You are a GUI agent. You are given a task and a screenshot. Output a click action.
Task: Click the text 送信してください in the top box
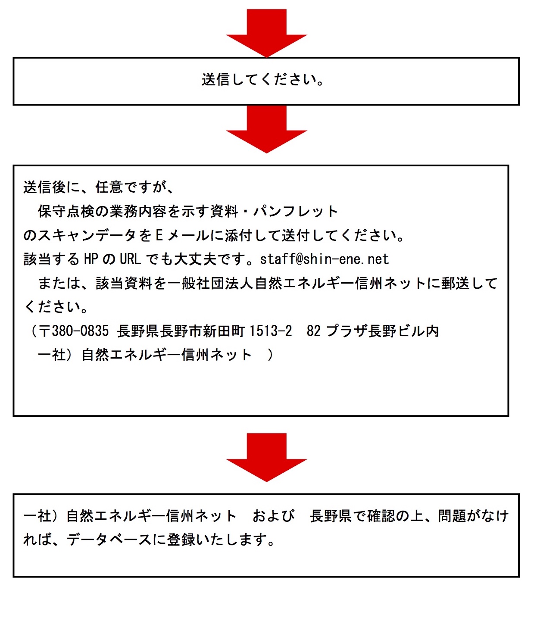259,80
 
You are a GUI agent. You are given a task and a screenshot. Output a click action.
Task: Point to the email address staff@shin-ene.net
324,259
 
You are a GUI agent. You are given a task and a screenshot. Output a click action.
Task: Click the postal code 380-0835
80,331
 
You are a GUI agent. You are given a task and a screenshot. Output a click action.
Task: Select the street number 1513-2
271,331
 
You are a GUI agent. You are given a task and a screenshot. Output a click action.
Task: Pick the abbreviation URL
131,259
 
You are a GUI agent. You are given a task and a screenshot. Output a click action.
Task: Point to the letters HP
91,259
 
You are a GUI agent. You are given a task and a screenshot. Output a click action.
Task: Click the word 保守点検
66,211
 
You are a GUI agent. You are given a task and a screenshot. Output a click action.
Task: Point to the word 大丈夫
195,259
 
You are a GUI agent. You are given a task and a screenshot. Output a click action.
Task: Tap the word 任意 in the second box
109,187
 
